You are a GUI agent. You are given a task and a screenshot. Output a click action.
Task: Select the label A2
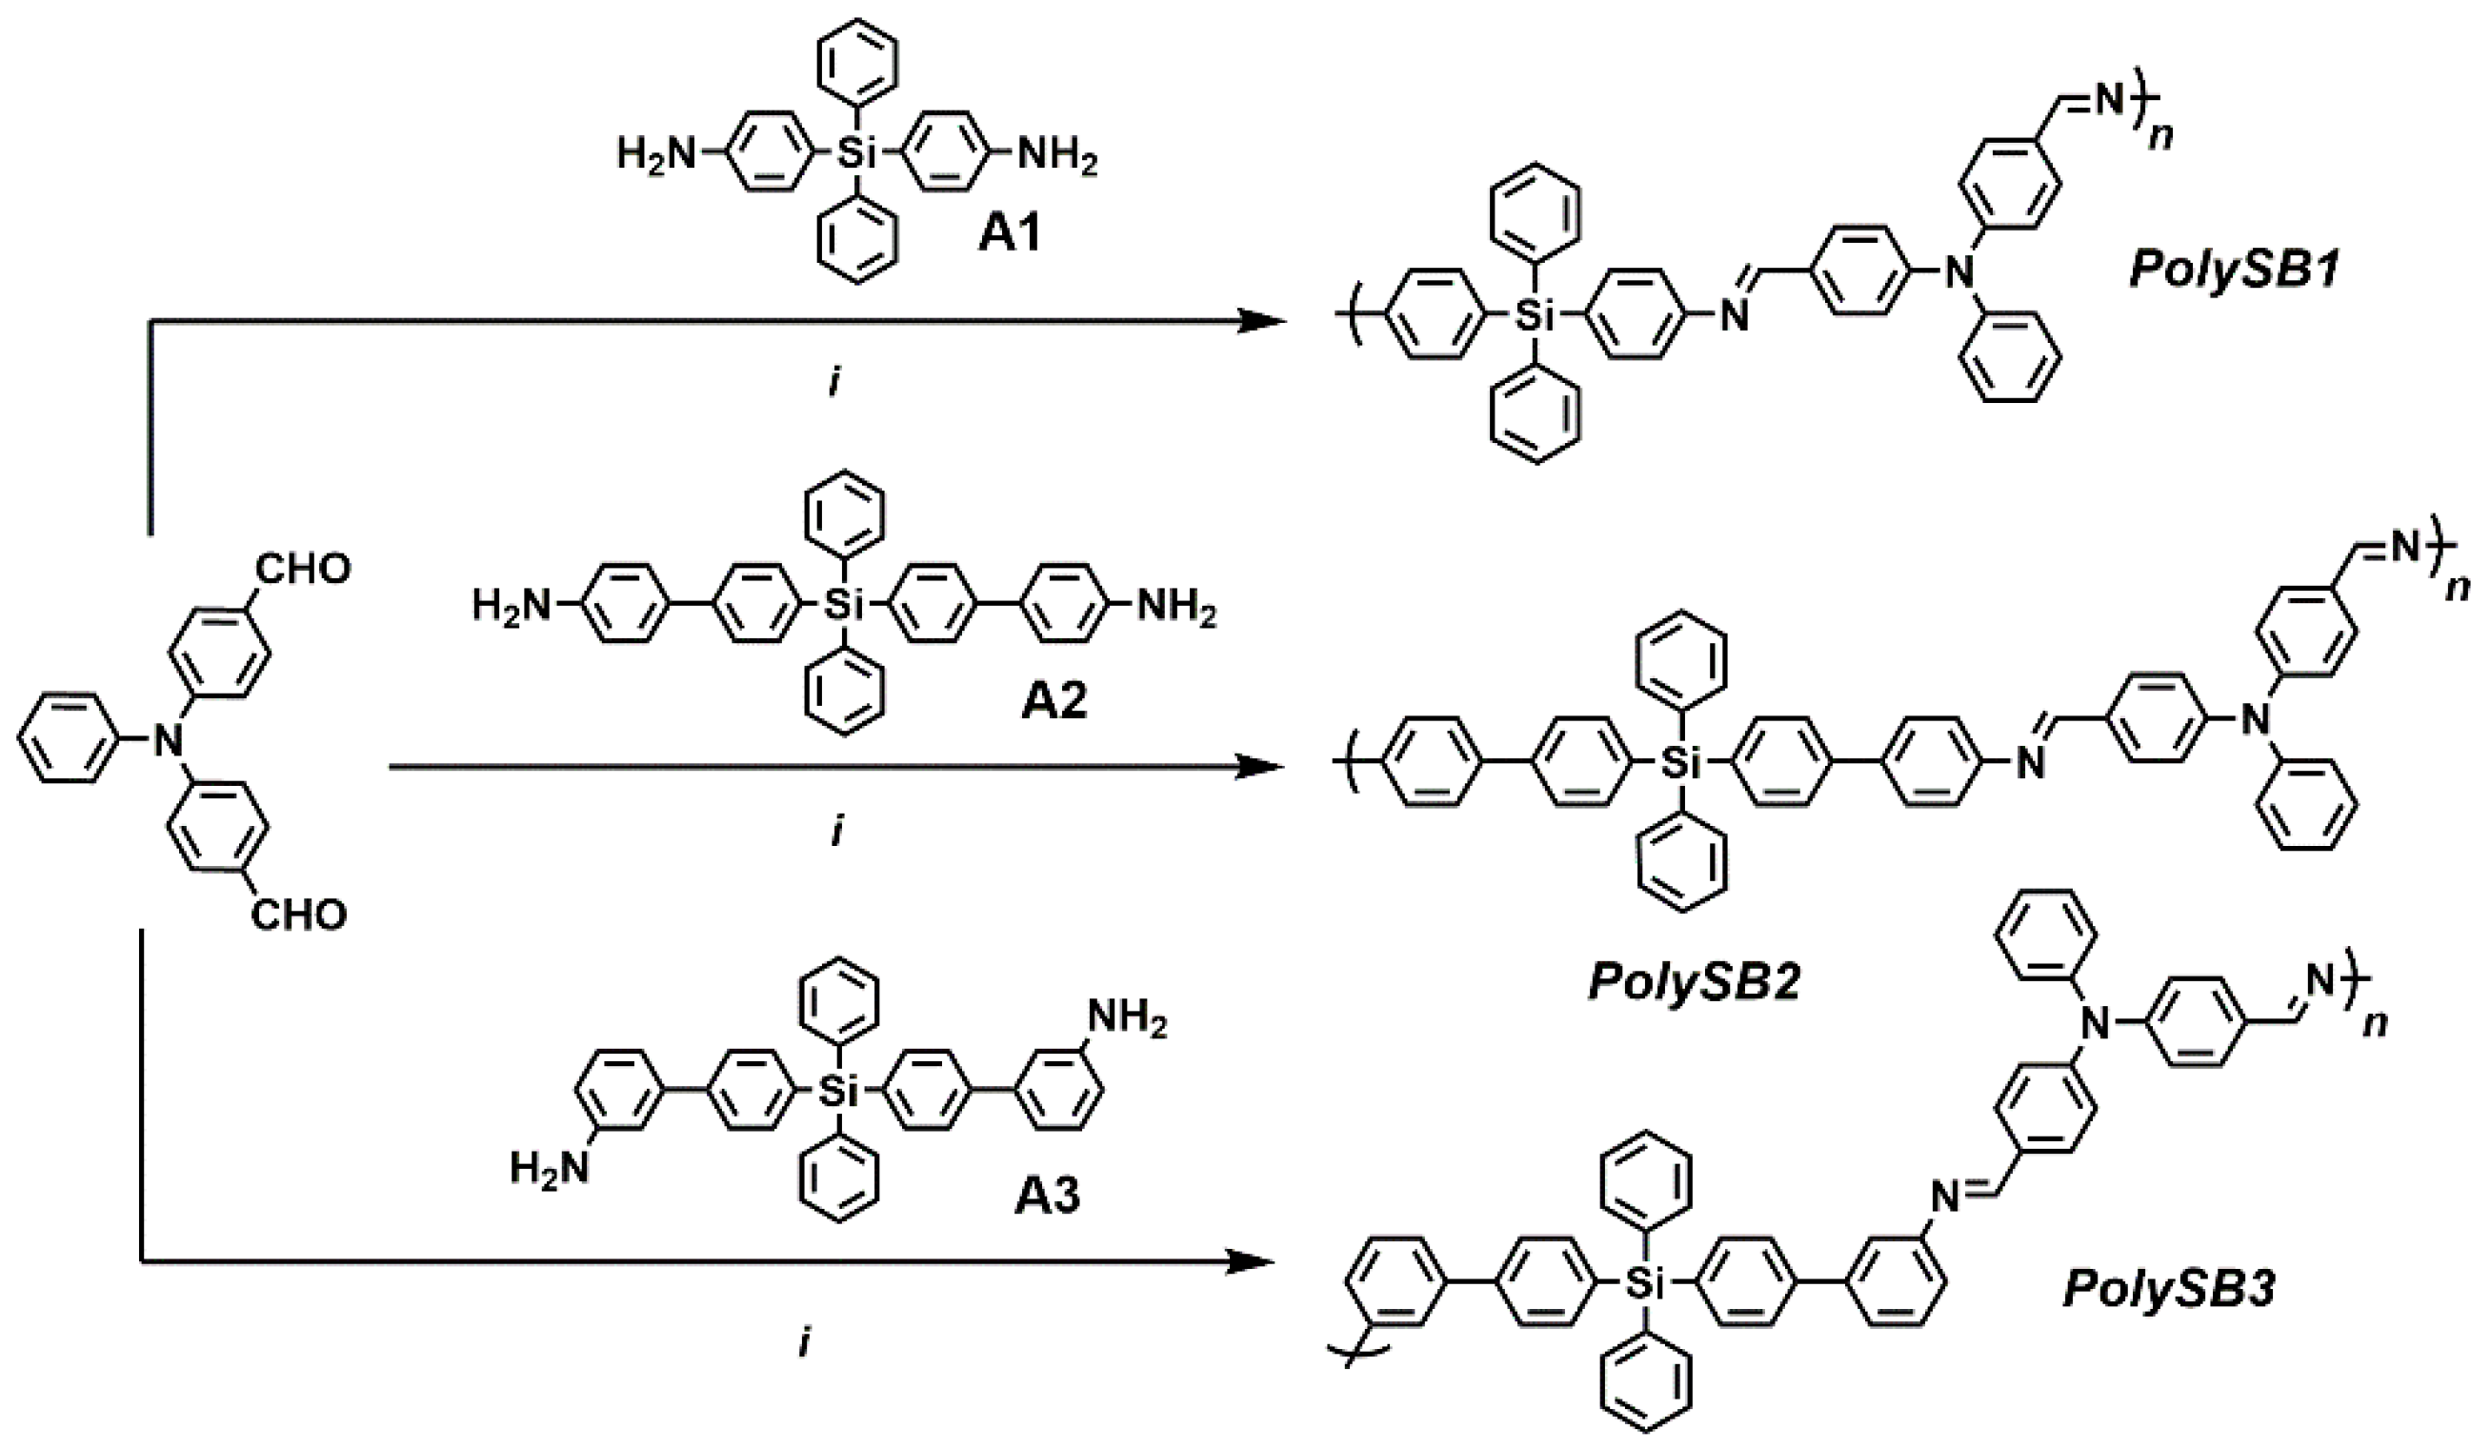pos(1054,700)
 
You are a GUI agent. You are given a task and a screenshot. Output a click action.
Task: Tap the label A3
pos(1048,1195)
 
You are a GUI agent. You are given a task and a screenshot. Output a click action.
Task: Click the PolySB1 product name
pos(2234,269)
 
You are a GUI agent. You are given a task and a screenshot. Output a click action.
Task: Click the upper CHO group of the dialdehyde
pos(302,570)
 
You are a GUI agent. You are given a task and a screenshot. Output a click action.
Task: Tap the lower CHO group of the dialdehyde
pos(298,915)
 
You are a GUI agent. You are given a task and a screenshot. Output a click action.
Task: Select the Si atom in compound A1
pos(851,154)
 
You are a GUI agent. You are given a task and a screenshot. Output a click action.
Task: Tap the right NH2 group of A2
pos(1175,607)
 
